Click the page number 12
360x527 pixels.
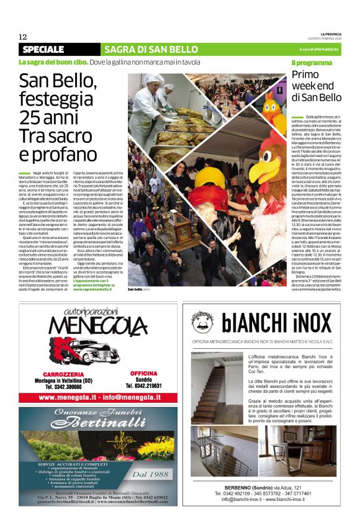tap(23, 37)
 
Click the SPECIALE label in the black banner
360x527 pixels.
tap(43, 49)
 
